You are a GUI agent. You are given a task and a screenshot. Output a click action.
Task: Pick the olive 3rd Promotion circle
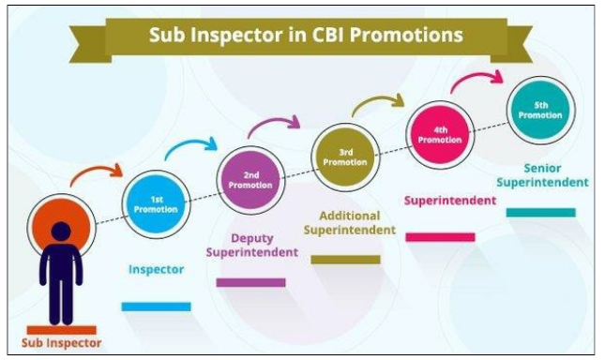(x=345, y=156)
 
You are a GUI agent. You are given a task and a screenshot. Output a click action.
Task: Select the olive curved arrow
(x=379, y=101)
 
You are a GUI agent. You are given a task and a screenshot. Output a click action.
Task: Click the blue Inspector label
(x=156, y=270)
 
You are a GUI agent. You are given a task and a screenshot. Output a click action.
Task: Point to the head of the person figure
(x=59, y=231)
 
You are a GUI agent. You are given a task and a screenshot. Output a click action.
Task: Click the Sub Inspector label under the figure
(x=60, y=343)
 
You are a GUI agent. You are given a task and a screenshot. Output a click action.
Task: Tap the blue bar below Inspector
(x=156, y=306)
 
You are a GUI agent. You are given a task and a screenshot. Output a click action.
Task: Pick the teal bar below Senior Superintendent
(x=540, y=213)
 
